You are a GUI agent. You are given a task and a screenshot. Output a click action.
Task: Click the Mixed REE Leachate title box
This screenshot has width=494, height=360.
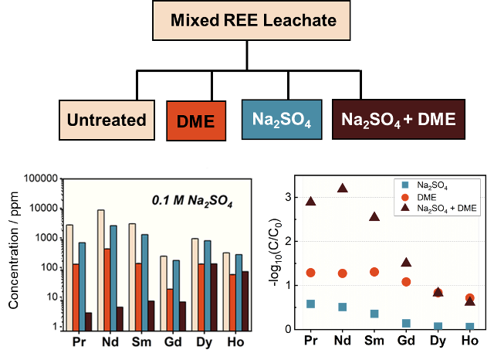point(247,21)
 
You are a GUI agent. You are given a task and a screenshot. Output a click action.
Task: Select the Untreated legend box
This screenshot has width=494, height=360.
point(107,120)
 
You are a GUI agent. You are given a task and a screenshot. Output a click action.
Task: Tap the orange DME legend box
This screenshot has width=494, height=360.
point(195,121)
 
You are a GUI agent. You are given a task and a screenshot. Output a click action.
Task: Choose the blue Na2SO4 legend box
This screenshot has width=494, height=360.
point(281,120)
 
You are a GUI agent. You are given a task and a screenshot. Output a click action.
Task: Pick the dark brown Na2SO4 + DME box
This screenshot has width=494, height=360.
point(398,120)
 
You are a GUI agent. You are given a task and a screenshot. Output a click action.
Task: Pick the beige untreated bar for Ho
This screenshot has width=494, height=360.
point(227,290)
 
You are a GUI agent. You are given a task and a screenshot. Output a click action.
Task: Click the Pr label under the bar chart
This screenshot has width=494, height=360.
point(78,340)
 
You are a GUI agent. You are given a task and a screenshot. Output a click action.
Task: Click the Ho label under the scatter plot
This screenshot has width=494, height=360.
point(469,341)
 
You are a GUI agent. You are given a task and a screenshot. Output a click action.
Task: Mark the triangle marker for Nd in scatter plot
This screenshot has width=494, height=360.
point(343,188)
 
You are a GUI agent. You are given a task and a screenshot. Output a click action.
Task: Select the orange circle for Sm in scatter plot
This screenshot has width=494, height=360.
point(374,272)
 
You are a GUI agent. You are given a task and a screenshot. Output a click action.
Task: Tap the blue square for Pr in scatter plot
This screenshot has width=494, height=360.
point(310,304)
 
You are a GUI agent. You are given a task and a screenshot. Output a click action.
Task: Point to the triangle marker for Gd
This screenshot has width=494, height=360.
point(406,263)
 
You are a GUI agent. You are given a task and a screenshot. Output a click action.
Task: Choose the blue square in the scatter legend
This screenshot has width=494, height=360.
point(407,185)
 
